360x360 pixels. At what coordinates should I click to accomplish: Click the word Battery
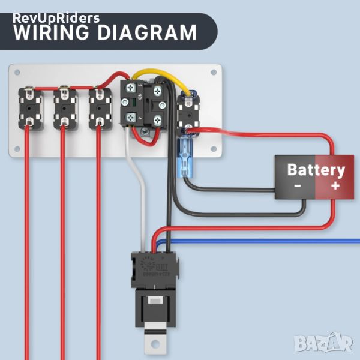click(x=316, y=170)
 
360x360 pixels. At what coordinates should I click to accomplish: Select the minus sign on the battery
click(x=297, y=186)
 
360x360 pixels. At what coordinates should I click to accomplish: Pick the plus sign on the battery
click(x=335, y=186)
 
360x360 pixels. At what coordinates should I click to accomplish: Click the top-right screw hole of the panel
click(x=214, y=73)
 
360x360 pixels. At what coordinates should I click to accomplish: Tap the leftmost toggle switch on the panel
click(x=28, y=107)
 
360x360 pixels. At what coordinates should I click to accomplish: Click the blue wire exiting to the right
click(x=270, y=240)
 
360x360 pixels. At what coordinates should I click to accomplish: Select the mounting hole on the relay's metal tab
click(x=156, y=345)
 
